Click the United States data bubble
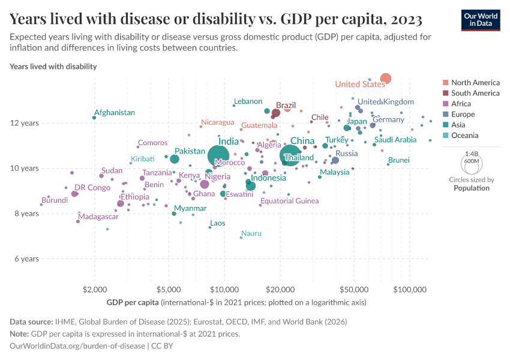386,79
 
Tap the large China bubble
290,155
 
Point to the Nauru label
251,233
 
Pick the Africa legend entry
460,104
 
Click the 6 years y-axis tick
26,259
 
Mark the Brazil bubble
276,113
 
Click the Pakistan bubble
174,159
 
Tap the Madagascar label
98,217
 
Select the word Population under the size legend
472,188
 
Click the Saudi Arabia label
395,140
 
